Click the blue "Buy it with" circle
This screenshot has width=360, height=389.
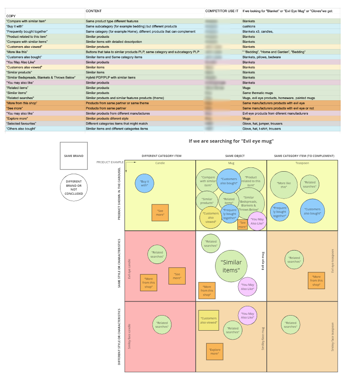coord(145,183)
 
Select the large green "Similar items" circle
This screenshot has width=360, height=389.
coord(232,266)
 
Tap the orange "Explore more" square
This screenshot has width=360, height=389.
coord(215,351)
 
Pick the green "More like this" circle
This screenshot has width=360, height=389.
coord(284,183)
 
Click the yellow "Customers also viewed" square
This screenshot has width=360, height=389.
coord(208,320)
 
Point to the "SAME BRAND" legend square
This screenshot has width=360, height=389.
coord(74,156)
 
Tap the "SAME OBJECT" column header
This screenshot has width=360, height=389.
coord(231,156)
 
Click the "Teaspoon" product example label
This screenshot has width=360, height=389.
coord(302,163)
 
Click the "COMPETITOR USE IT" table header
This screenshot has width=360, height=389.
coord(222,11)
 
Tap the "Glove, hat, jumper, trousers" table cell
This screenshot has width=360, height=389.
coord(262,124)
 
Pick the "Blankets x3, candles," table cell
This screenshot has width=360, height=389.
coord(258,31)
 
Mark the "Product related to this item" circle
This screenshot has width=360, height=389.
coord(251,181)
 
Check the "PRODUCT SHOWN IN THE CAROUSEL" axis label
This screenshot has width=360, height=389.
coord(119,194)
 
